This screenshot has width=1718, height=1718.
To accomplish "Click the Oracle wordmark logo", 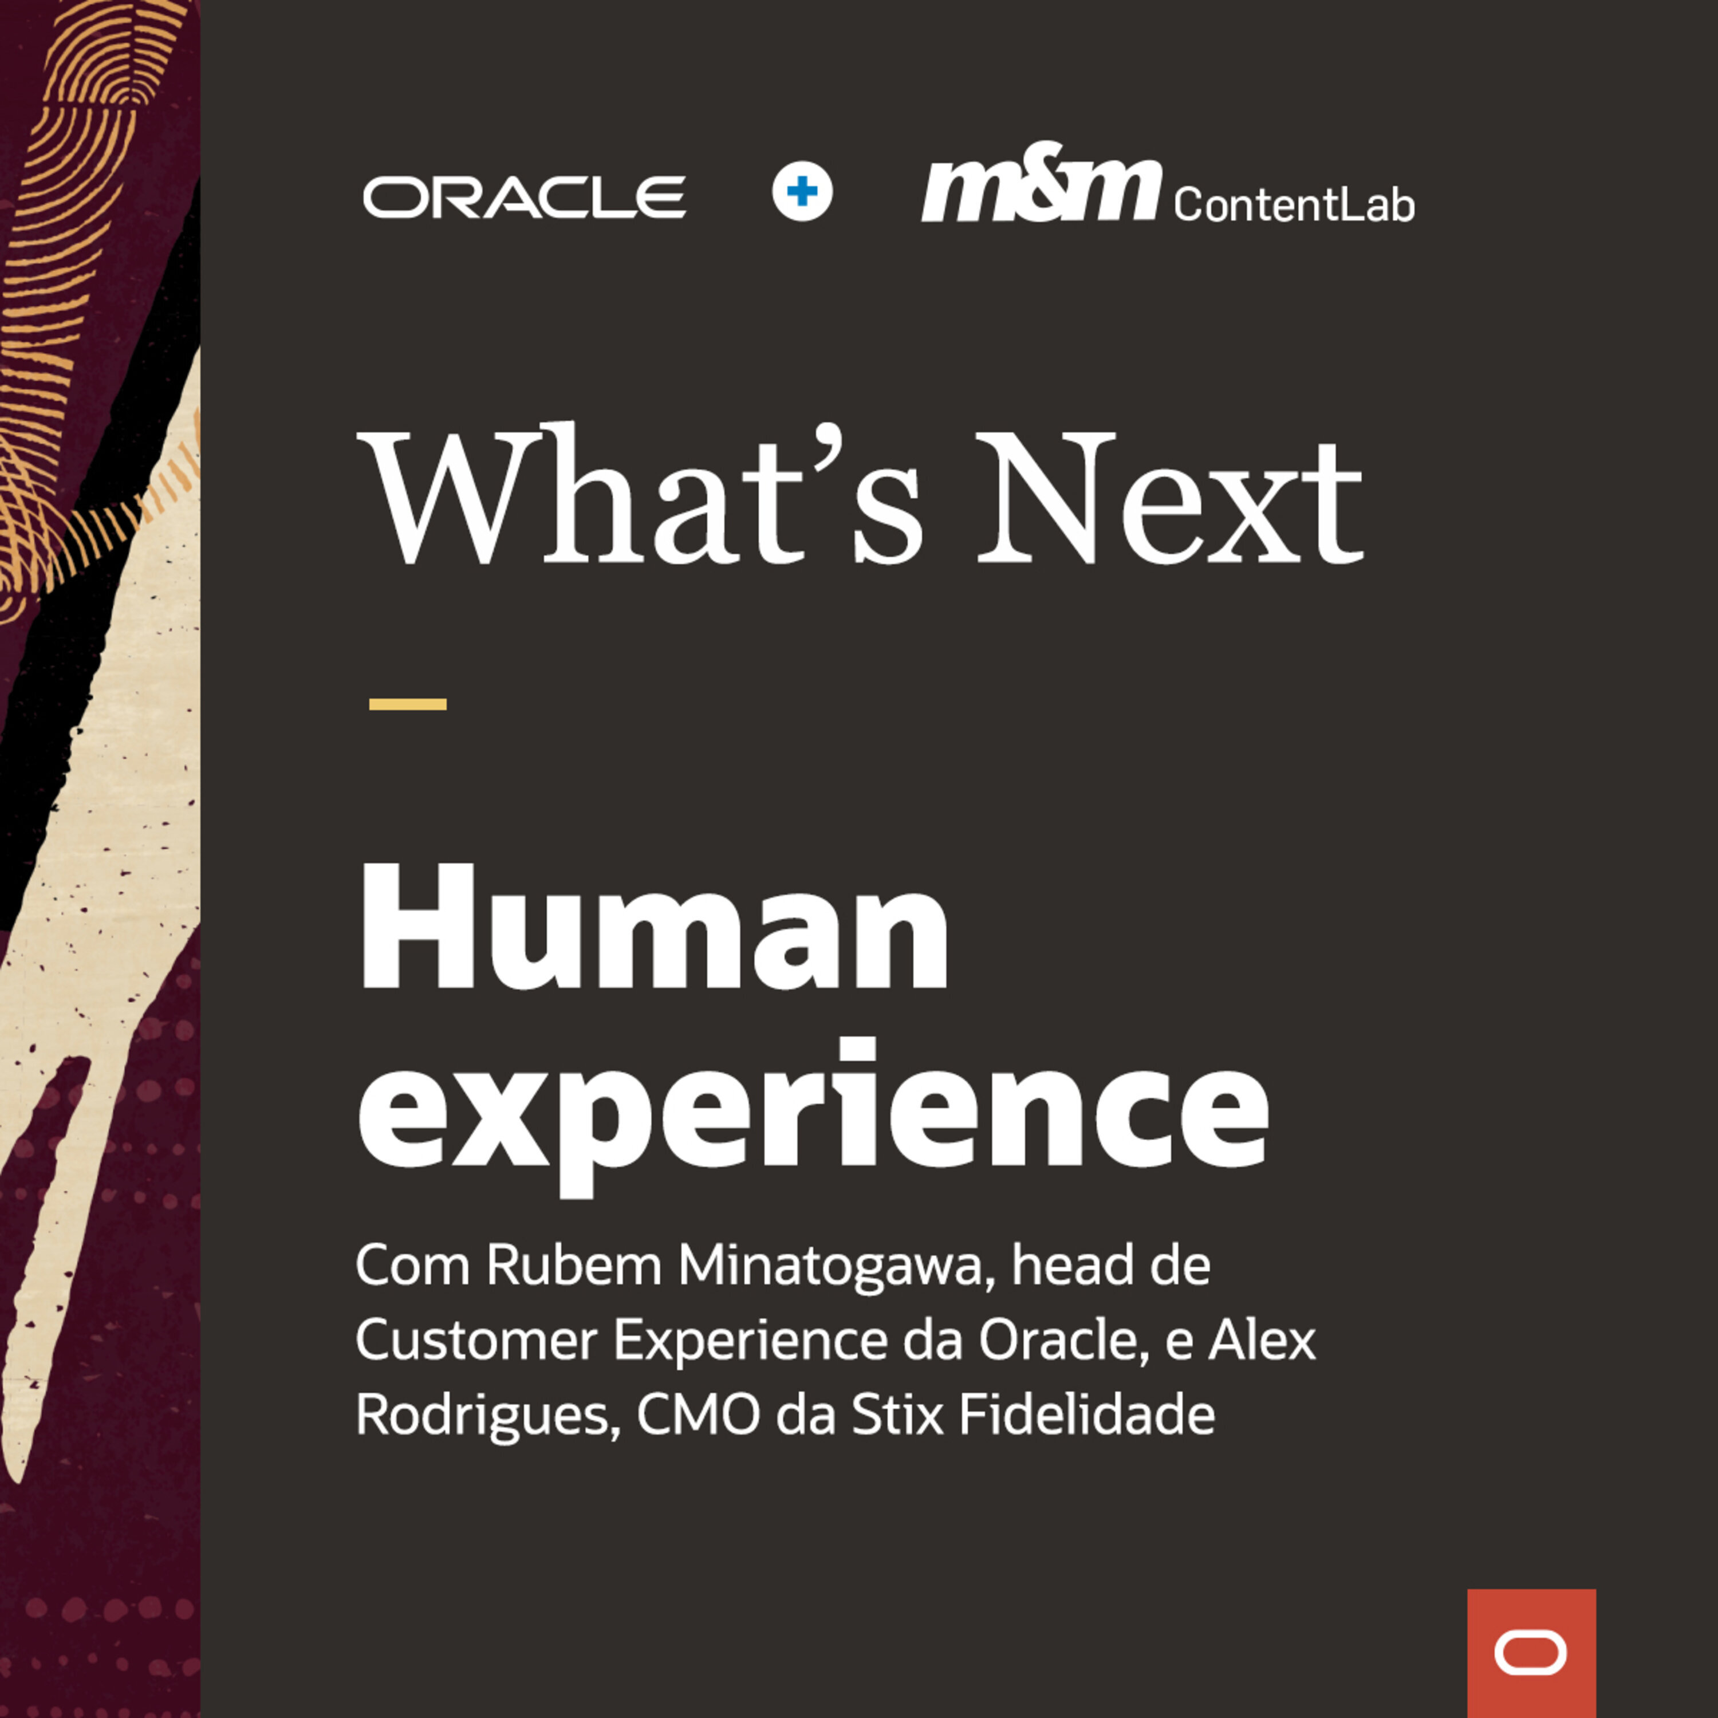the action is [x=525, y=196].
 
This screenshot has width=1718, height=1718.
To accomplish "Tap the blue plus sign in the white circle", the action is [x=802, y=191].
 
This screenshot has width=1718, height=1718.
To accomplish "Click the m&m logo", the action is [x=1041, y=182].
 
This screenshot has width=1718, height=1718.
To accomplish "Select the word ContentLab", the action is [x=1294, y=204].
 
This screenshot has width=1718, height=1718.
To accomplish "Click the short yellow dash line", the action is [x=407, y=704].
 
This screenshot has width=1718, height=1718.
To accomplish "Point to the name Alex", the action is [x=1262, y=1340].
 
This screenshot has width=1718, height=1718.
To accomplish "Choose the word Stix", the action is [x=896, y=1414].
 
